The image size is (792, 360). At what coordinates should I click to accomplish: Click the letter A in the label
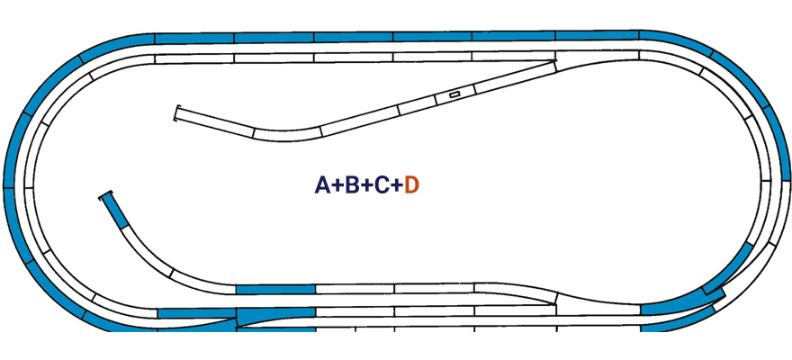[x=323, y=185]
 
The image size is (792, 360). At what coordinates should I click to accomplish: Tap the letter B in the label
[x=352, y=185]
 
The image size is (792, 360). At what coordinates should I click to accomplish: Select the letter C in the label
[x=382, y=185]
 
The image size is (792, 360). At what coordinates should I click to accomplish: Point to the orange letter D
[x=412, y=185]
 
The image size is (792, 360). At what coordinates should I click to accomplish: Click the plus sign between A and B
[x=337, y=186]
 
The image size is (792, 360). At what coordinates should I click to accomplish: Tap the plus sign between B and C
[x=366, y=186]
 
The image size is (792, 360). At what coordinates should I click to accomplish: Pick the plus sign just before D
[x=397, y=186]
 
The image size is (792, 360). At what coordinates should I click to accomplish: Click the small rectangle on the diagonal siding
[x=454, y=94]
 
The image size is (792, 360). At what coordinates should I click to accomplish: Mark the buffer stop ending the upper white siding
[x=175, y=113]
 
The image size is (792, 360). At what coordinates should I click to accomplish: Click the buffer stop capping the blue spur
[x=106, y=194]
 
